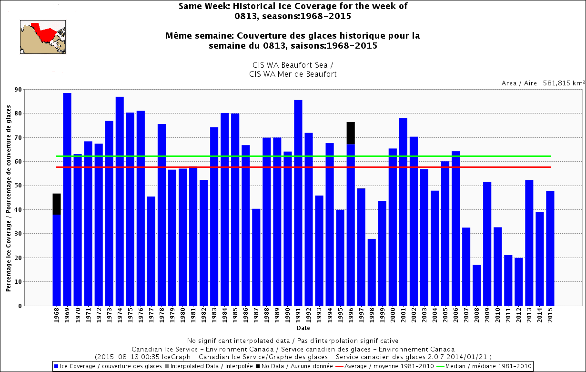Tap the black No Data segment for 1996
(351, 133)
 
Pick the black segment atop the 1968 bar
(57, 204)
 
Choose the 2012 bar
(518, 281)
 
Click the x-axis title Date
(303, 328)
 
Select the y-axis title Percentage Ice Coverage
(9, 197)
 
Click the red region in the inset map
(46, 34)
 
